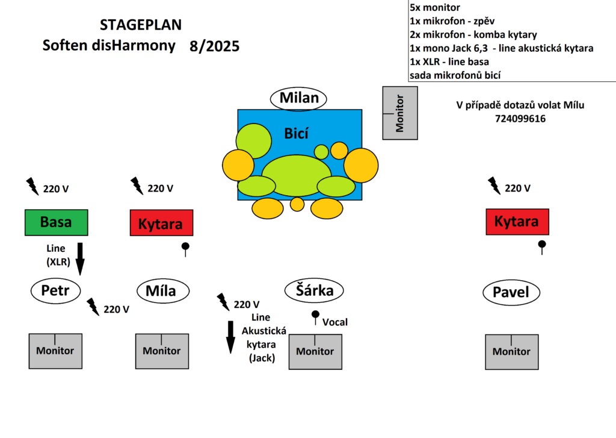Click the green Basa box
[56, 222]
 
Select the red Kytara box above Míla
[161, 223]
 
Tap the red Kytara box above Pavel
[517, 222]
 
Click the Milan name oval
[299, 98]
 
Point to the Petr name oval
[55, 291]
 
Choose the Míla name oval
[161, 292]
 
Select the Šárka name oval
[313, 291]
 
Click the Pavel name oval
[511, 293]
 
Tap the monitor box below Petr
[55, 351]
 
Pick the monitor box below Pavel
[511, 351]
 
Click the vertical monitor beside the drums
[400, 113]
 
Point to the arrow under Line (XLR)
[80, 258]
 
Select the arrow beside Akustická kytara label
[230, 337]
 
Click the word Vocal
[335, 322]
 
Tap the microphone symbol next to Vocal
[315, 316]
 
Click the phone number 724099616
[520, 119]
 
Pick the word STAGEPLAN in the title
[141, 25]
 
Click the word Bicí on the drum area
[297, 133]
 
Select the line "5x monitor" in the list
[434, 8]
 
